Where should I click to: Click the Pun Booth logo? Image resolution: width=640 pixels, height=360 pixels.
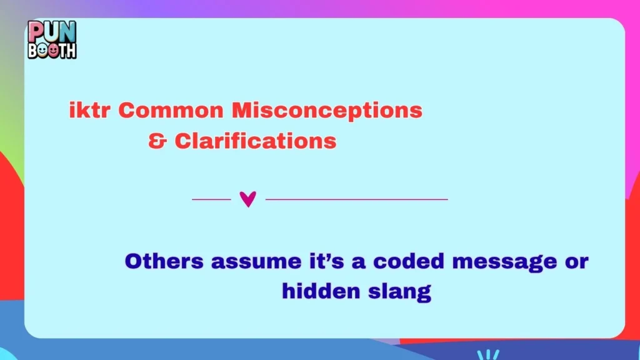click(52, 40)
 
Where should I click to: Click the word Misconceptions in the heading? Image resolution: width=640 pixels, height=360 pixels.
click(327, 111)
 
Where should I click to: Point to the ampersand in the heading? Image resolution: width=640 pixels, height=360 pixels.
click(157, 141)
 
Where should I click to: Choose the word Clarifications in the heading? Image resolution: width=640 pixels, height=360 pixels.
click(255, 141)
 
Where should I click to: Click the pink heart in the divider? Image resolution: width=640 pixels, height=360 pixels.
click(248, 199)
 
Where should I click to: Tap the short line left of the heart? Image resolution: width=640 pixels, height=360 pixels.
click(211, 199)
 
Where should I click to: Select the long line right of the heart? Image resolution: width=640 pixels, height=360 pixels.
click(356, 199)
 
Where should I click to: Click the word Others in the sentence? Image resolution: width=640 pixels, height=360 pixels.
click(164, 261)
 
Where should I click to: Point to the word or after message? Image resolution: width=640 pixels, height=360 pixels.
click(577, 262)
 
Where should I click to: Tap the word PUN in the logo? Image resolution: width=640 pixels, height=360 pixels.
click(52, 30)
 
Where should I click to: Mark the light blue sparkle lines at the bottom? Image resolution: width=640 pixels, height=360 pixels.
click(488, 354)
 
